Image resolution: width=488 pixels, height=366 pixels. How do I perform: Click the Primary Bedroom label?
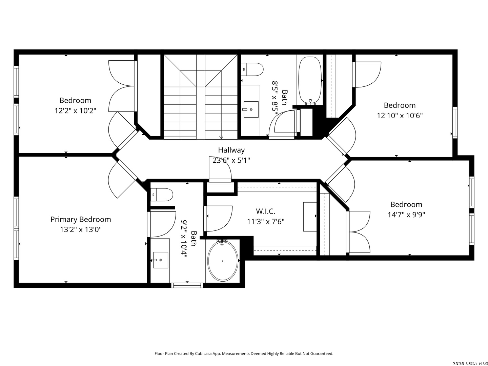pyautogui.click(x=81, y=219)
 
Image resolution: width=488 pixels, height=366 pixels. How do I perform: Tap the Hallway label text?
pyautogui.click(x=231, y=150)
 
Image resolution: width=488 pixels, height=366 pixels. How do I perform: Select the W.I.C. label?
pyautogui.click(x=265, y=211)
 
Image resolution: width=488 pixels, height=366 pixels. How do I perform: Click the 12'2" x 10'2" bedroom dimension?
pyautogui.click(x=75, y=110)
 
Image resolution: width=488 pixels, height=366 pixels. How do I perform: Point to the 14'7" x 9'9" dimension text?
pyautogui.click(x=406, y=215)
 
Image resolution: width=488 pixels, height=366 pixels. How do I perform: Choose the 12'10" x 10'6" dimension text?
pyautogui.click(x=400, y=116)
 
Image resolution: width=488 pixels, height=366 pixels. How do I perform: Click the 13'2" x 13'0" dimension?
pyautogui.click(x=81, y=229)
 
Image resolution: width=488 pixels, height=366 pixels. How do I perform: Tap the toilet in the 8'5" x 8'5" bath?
pyautogui.click(x=252, y=69)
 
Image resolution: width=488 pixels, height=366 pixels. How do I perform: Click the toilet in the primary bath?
pyautogui.click(x=162, y=195)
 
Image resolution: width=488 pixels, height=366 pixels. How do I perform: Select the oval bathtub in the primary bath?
pyautogui.click(x=223, y=261)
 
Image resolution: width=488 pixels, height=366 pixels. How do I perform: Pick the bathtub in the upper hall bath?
pyautogui.click(x=310, y=79)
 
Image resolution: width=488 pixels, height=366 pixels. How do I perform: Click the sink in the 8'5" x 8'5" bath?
pyautogui.click(x=251, y=109)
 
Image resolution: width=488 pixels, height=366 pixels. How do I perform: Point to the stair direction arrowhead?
pyautogui.click(x=221, y=137)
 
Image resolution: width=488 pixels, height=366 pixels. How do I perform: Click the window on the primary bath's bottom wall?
pyautogui.click(x=187, y=285)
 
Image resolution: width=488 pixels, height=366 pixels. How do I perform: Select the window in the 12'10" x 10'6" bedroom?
pyautogui.click(x=455, y=122)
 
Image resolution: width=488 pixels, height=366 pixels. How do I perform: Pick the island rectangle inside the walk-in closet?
pyautogui.click(x=310, y=217)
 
